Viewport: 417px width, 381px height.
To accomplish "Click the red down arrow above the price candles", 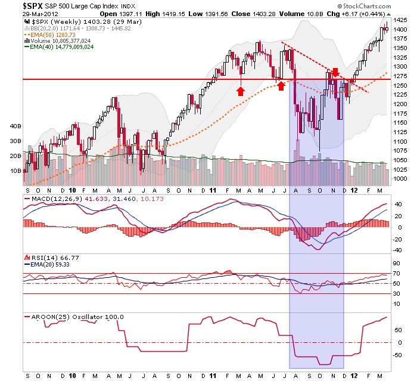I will [335, 72].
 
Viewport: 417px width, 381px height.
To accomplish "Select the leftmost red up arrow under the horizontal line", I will [240, 91].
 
